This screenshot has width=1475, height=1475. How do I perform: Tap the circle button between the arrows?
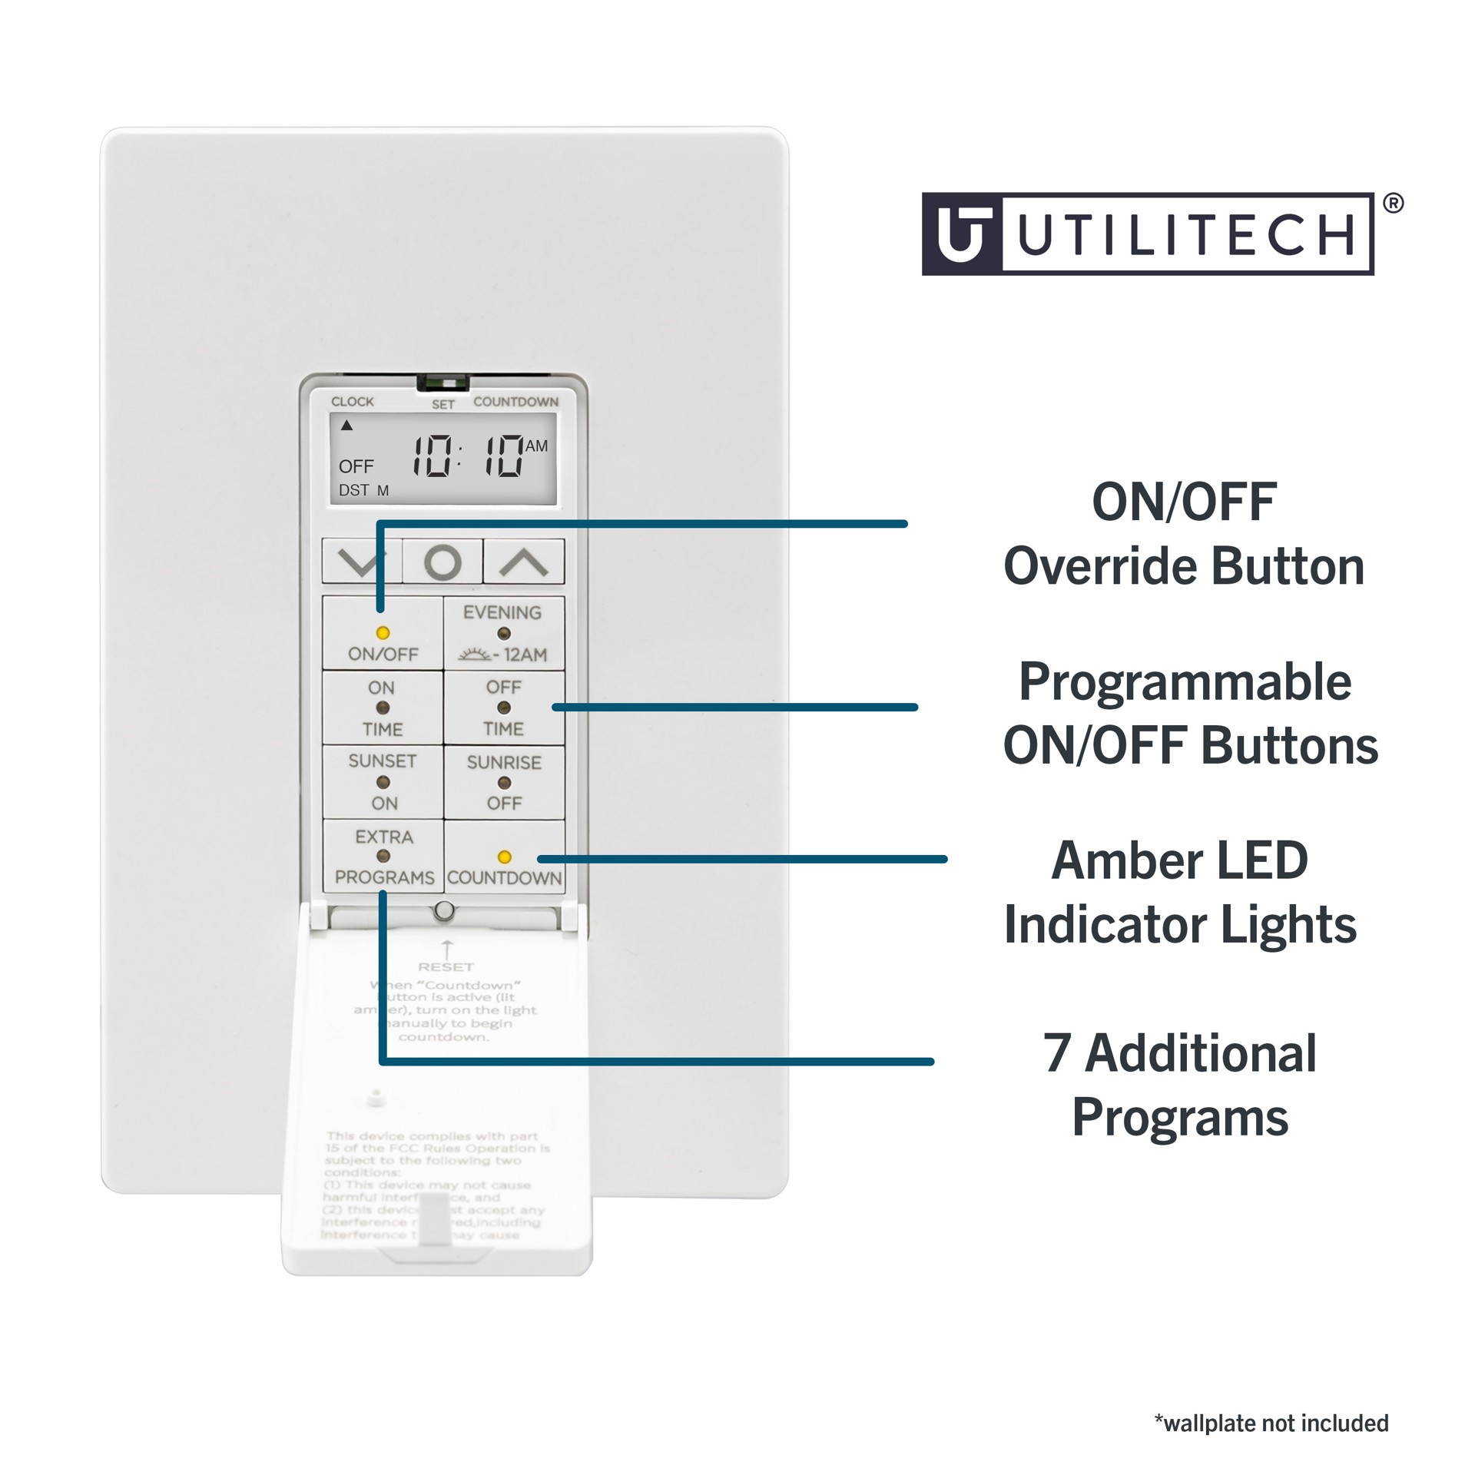pos(442,562)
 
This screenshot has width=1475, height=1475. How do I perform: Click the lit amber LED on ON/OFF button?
pos(382,633)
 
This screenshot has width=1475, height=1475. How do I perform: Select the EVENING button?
pos(504,633)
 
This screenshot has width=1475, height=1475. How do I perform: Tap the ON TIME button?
pos(382,708)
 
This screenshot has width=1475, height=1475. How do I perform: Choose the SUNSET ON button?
pos(382,782)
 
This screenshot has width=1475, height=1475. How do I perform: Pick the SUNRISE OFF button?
pos(504,782)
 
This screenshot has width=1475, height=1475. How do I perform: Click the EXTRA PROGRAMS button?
pos(383,857)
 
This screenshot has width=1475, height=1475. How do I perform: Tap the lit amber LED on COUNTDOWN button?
pos(504,857)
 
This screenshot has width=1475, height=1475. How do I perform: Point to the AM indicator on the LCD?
pos(536,446)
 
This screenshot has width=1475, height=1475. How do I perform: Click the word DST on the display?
pos(354,490)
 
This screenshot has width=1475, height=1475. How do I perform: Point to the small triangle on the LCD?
pos(346,426)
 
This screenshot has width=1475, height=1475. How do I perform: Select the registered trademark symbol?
pos(1392,204)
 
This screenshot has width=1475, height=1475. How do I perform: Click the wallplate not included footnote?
pos(1271,1423)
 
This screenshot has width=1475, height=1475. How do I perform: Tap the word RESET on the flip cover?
pos(446,966)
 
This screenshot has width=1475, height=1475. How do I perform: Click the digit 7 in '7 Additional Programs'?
pos(1057,1053)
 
